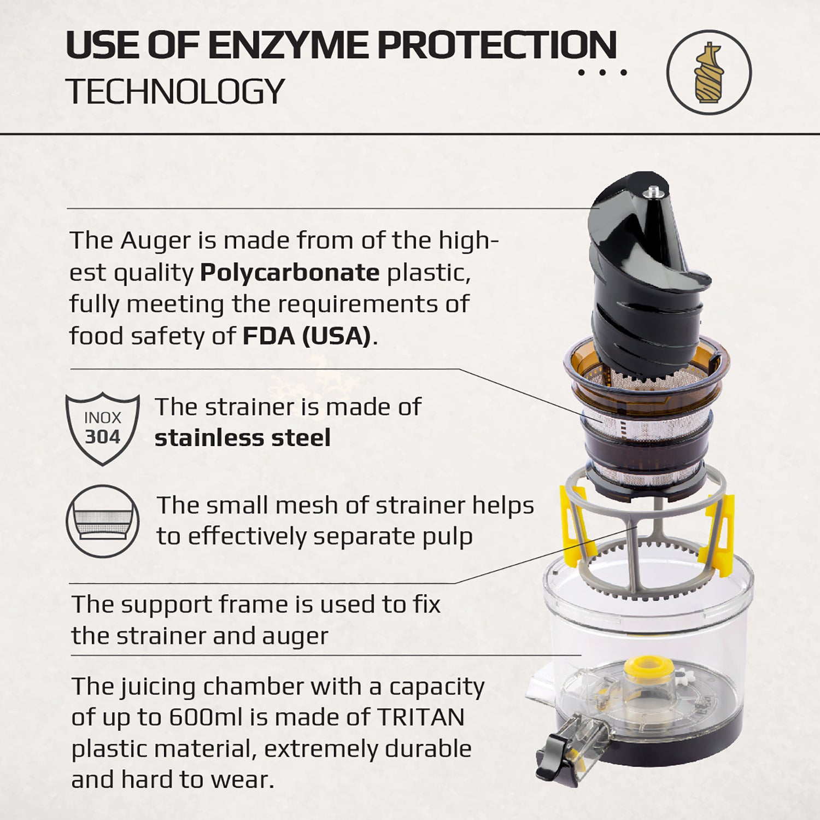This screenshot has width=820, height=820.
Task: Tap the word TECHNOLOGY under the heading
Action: [x=175, y=91]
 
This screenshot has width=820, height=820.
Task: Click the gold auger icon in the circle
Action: [x=708, y=72]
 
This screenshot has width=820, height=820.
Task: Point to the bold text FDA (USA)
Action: [x=307, y=336]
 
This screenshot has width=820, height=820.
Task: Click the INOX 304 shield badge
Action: [x=102, y=428]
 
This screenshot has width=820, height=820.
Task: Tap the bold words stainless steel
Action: [x=242, y=438]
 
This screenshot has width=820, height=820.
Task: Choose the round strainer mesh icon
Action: [x=102, y=521]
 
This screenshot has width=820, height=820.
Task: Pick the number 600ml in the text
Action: [x=205, y=717]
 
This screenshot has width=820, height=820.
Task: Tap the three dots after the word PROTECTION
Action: [x=602, y=72]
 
